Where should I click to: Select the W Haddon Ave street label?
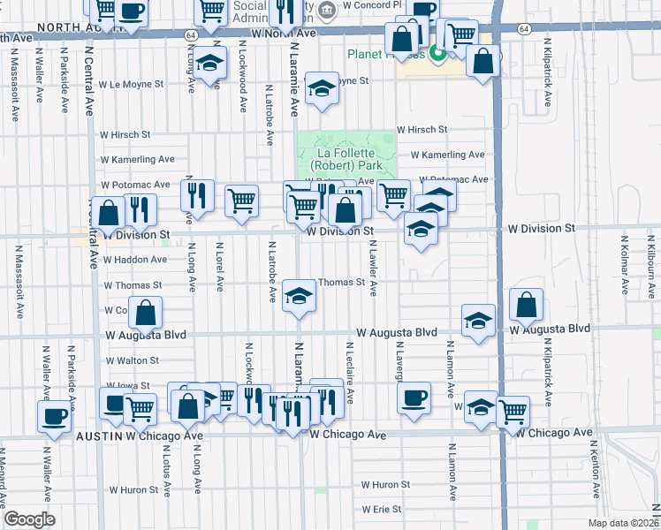pyautogui.click(x=134, y=260)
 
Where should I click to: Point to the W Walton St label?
pyautogui.click(x=132, y=360)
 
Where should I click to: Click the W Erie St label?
pyautogui.click(x=381, y=510)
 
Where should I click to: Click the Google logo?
pyautogui.click(x=29, y=519)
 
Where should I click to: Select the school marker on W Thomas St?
pyautogui.click(x=299, y=294)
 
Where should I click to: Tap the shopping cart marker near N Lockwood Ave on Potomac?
pyautogui.click(x=240, y=200)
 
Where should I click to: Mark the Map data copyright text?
pyautogui.click(x=621, y=523)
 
